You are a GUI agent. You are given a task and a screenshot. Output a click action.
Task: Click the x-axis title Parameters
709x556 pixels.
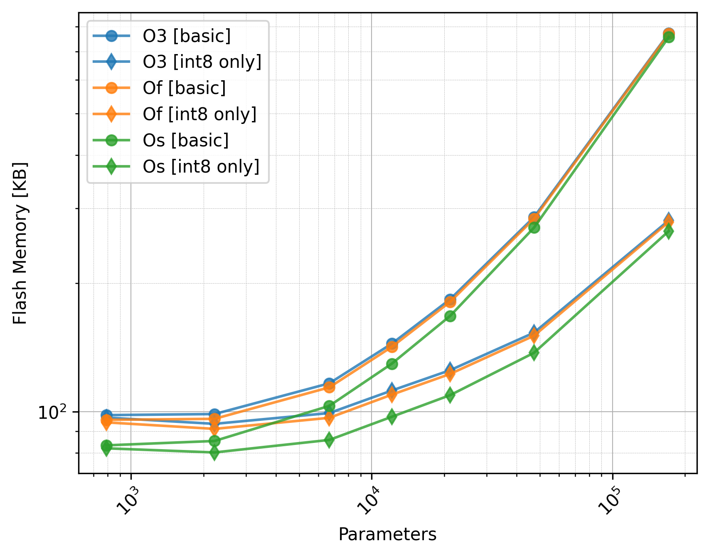(387, 534)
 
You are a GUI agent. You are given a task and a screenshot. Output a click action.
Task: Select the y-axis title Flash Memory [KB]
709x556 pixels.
(20, 243)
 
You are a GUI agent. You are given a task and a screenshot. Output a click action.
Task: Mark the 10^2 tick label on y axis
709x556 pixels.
(52, 413)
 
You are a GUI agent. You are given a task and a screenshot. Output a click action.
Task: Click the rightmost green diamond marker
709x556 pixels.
(668, 232)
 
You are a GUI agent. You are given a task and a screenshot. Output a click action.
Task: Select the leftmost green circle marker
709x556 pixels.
(106, 445)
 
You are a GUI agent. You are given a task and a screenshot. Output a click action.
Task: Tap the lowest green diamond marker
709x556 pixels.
(214, 452)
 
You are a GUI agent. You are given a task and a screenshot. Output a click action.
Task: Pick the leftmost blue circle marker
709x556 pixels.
(106, 415)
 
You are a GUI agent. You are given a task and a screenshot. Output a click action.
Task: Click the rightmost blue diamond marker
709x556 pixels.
(668, 220)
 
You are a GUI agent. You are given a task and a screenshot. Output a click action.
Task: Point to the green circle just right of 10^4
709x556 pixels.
(392, 364)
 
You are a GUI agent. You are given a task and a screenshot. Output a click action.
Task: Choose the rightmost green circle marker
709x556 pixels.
(668, 37)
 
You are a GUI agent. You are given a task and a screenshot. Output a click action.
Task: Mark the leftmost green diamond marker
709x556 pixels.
(106, 449)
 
